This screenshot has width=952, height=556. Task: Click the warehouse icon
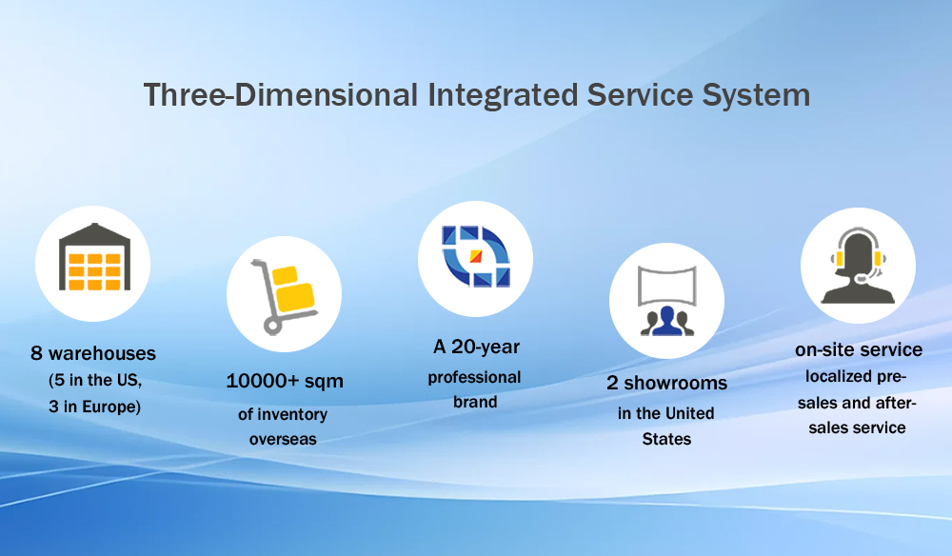[94, 256]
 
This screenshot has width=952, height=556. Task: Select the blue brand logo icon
[475, 256]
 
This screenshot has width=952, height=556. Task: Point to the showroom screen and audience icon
[666, 301]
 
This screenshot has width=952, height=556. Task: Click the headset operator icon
[858, 266]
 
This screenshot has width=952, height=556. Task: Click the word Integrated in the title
[503, 95]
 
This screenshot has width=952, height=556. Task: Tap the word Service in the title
[640, 95]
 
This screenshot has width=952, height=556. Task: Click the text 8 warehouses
[93, 353]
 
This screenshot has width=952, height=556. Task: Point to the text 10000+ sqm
[284, 381]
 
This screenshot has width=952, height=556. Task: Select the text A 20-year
[476, 347]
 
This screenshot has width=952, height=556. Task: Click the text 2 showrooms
[666, 383]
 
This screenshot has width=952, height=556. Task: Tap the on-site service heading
[859, 349]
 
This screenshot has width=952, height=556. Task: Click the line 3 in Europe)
[94, 407]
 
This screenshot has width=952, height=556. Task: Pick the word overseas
[283, 439]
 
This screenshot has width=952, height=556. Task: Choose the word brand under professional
[475, 402]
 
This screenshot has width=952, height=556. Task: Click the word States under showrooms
[666, 439]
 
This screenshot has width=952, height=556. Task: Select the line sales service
[858, 427]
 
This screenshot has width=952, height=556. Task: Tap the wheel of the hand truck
[272, 327]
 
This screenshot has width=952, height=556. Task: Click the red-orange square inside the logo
[476, 257]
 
